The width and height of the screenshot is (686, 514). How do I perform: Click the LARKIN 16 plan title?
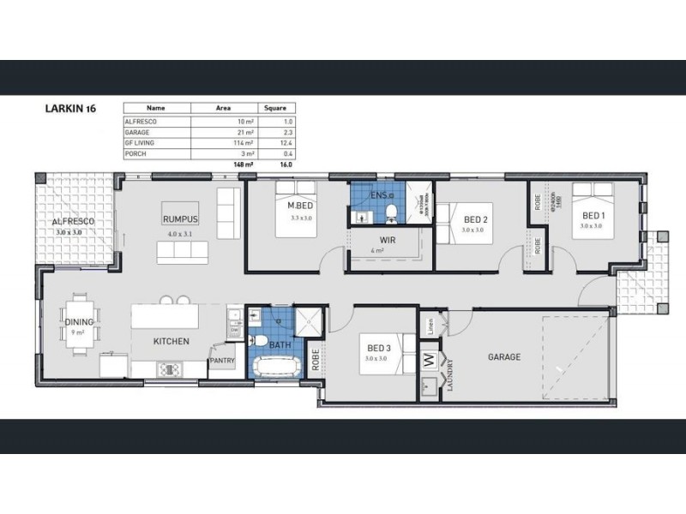point(69,110)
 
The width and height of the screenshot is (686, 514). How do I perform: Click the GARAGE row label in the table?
point(137,132)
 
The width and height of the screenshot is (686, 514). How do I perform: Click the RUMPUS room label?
point(180,219)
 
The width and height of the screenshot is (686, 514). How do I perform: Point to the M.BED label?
point(298,206)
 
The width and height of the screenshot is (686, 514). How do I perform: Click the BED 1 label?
point(593,214)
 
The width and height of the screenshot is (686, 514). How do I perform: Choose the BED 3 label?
point(379,347)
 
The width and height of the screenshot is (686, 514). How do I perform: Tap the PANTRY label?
point(222,361)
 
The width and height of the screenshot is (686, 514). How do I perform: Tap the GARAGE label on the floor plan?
point(503,357)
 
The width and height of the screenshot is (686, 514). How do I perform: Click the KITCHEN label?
point(171,341)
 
